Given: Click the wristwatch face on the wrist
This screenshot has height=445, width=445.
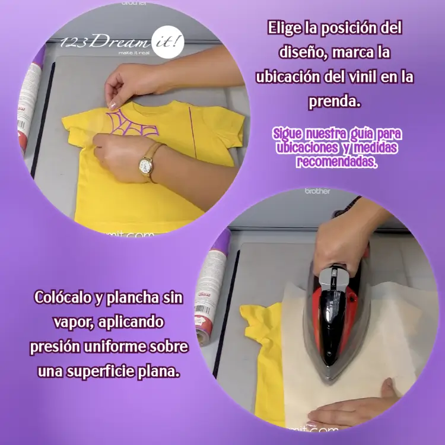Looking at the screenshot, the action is pyautogui.click(x=145, y=165).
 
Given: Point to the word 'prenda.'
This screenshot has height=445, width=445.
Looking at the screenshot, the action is pyautogui.click(x=335, y=102).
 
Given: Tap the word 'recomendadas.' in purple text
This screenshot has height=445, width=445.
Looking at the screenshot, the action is pyautogui.click(x=337, y=162).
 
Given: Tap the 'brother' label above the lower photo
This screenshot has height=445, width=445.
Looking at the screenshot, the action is pyautogui.click(x=317, y=191).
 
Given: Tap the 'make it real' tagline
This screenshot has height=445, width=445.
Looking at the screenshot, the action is pyautogui.click(x=133, y=53).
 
